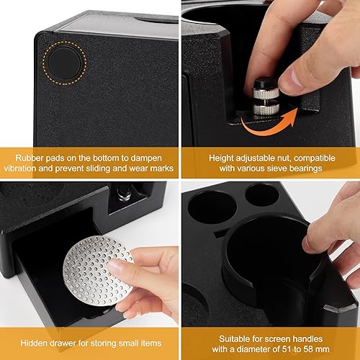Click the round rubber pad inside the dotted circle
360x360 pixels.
coord(64,63)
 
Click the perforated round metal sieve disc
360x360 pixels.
coord(98,271)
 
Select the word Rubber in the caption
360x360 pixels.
coord(30,158)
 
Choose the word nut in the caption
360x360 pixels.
coord(284,158)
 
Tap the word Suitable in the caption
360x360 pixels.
coord(234,338)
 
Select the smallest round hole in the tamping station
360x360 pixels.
coord(262,195)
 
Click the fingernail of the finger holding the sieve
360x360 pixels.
coord(114,266)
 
